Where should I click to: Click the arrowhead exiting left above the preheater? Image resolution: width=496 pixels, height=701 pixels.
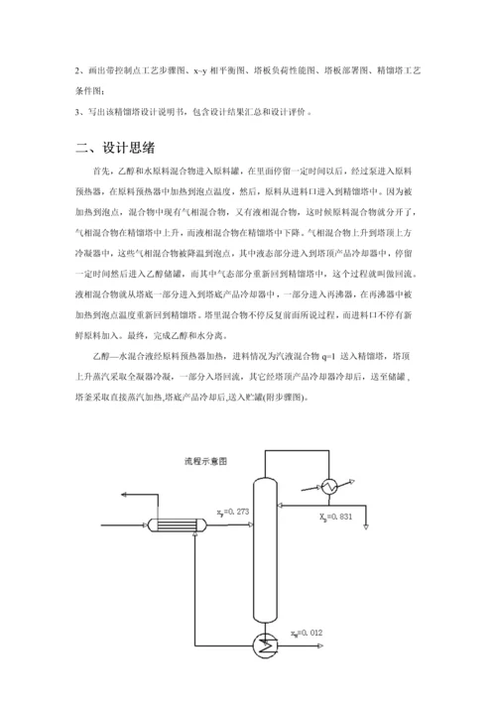[x=121, y=493]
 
